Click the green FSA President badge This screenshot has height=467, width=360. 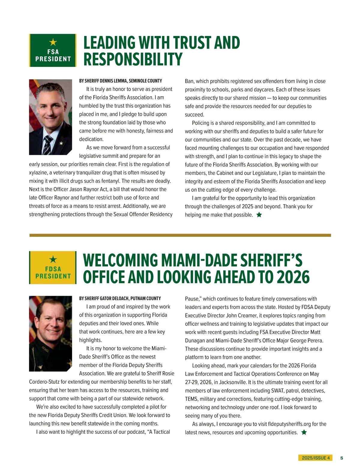(x=53, y=50)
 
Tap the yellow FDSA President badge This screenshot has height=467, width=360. (x=53, y=267)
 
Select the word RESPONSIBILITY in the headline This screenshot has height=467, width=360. (x=133, y=59)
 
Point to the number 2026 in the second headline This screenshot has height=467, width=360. (x=293, y=277)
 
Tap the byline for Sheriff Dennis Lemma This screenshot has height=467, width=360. (x=121, y=81)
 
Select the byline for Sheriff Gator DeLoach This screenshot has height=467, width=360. (x=120, y=299)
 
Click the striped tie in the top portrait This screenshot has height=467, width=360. (x=47, y=144)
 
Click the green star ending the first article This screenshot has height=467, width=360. (x=259, y=215)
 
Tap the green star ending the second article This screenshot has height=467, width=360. (x=304, y=432)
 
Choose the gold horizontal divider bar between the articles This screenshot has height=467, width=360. (x=180, y=235)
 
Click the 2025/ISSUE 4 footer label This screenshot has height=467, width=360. (x=316, y=458)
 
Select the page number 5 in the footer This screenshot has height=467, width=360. (x=342, y=458)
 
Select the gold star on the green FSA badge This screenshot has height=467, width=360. (x=53, y=42)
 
